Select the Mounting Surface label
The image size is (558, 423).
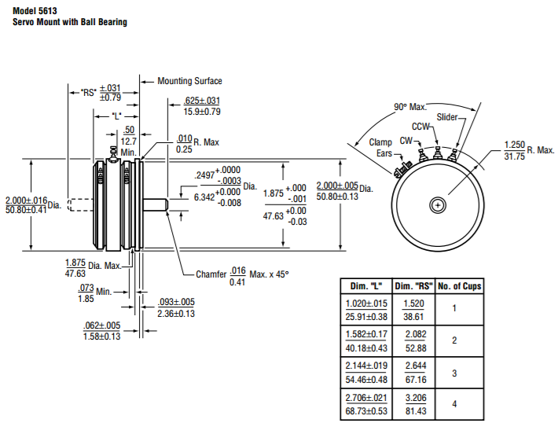pyautogui.click(x=189, y=81)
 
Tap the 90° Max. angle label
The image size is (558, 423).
pyautogui.click(x=409, y=107)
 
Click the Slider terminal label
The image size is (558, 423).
pyautogui.click(x=448, y=117)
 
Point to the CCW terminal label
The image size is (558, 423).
pyautogui.click(x=421, y=127)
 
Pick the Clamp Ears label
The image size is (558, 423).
pyautogui.click(x=381, y=148)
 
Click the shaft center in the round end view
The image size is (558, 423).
pyautogui.click(x=437, y=205)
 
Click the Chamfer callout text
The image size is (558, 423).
pyautogui.click(x=211, y=274)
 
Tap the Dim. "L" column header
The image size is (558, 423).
pyautogui.click(x=365, y=286)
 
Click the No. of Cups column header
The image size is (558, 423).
pyautogui.click(x=458, y=286)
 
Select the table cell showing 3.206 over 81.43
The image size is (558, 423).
pyautogui.click(x=416, y=404)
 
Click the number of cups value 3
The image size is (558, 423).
pyautogui.click(x=455, y=373)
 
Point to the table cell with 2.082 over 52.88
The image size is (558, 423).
pyautogui.click(x=416, y=340)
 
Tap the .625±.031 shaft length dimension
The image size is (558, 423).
pyautogui.click(x=202, y=101)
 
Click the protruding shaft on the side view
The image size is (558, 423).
pyautogui.click(x=157, y=204)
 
